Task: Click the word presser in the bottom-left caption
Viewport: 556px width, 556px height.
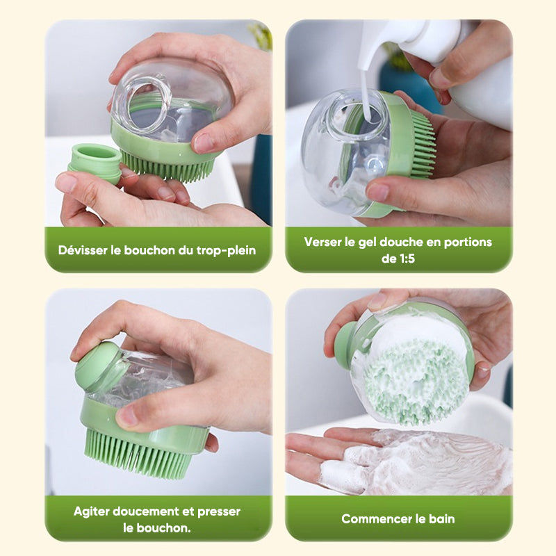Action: point(219,512)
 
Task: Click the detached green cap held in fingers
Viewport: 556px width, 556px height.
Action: point(95,163)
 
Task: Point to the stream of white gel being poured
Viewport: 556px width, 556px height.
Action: point(366,89)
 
